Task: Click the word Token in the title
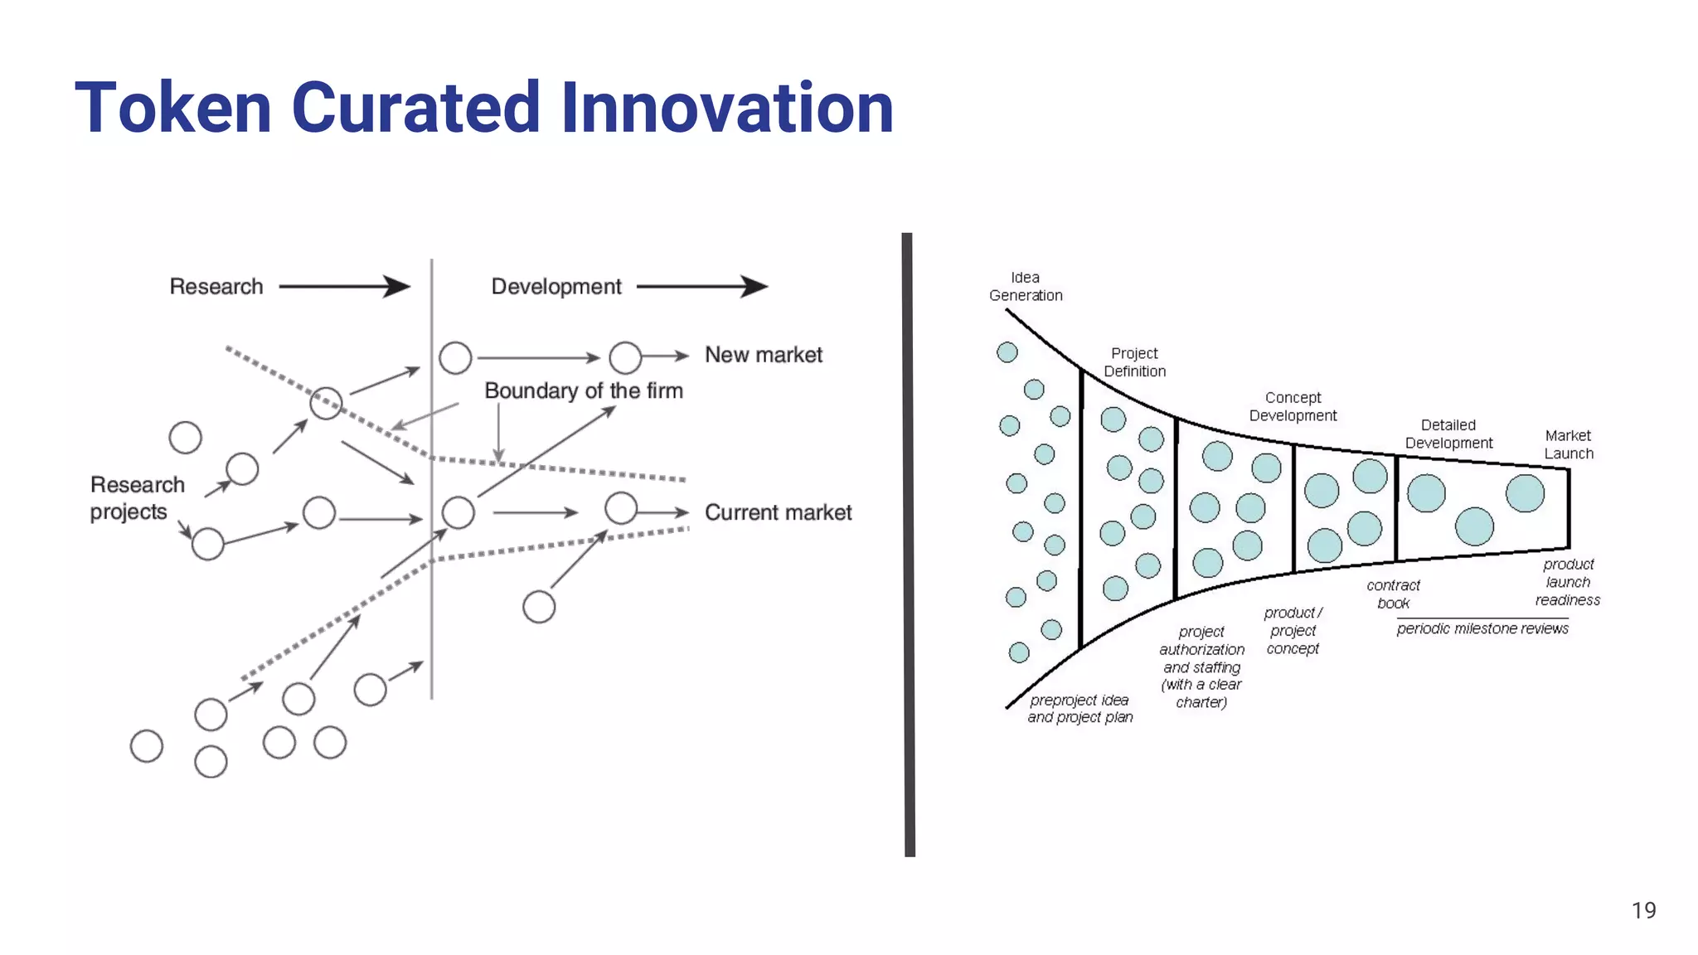click(x=173, y=108)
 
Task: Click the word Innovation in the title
click(x=727, y=108)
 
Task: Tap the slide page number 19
click(x=1643, y=910)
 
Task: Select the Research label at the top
click(x=216, y=287)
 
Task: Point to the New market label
click(x=763, y=355)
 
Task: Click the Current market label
click(x=778, y=512)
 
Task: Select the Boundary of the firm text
click(x=584, y=390)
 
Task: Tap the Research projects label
click(x=137, y=497)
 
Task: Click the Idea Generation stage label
click(x=1026, y=286)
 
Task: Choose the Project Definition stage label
click(x=1134, y=362)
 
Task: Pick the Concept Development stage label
click(x=1293, y=406)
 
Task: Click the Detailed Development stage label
click(x=1448, y=434)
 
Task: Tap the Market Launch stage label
click(x=1568, y=444)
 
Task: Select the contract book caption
click(x=1393, y=594)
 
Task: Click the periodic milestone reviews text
click(x=1482, y=628)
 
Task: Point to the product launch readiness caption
click(x=1567, y=581)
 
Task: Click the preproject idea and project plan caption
click(x=1079, y=709)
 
